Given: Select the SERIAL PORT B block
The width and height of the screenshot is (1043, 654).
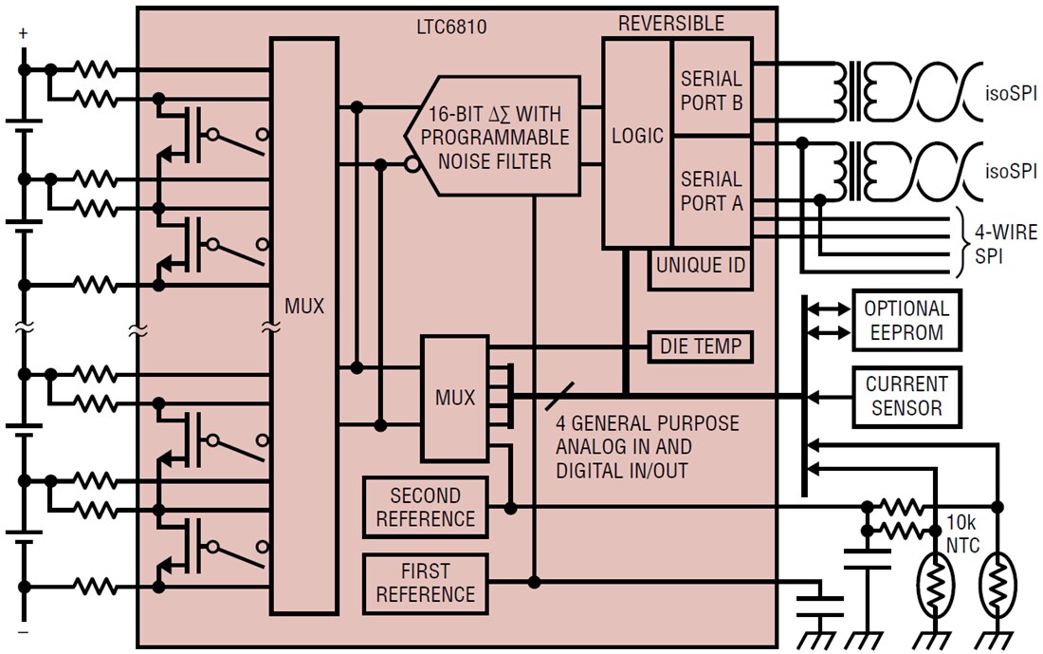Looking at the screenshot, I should point(712,90).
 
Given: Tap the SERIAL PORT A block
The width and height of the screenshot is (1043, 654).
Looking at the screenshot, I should point(712,191).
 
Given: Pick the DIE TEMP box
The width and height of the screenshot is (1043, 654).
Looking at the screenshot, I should point(701,347).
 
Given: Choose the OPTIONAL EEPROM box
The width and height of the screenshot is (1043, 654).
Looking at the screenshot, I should point(906,320).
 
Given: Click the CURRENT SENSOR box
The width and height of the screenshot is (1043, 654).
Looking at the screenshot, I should point(906,396).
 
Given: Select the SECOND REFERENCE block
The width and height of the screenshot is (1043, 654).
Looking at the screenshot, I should point(425,507).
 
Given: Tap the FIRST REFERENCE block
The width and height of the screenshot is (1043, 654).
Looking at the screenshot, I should point(425,583).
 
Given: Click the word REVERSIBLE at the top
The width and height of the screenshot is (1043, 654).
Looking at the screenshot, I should point(670,24).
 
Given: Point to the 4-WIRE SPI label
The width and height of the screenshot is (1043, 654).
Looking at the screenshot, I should point(1006,244).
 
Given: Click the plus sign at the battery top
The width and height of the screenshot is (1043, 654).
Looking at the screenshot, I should point(23,34).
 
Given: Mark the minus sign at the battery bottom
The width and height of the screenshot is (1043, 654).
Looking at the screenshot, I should point(23,629).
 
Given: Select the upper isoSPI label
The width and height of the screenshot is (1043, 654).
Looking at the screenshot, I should point(1011,94).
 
